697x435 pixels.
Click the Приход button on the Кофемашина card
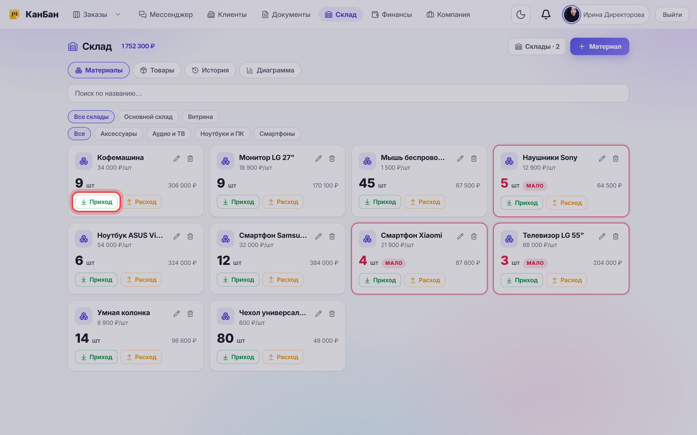tap(96, 202)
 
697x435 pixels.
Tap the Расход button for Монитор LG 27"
tap(283, 202)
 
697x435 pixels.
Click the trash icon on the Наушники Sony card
tap(615, 159)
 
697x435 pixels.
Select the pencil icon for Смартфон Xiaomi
tap(460, 236)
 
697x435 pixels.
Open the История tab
tap(210, 70)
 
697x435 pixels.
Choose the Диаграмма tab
tap(270, 70)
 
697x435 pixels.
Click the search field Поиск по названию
tap(348, 94)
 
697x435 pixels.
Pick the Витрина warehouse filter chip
tap(200, 117)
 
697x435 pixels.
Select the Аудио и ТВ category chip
tap(168, 134)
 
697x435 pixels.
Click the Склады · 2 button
tap(537, 47)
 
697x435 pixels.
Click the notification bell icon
tap(546, 15)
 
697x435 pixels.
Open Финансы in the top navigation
tap(392, 15)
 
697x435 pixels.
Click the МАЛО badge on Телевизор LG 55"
tap(535, 263)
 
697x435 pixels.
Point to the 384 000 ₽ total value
tap(324, 263)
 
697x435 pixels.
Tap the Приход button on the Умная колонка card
tap(96, 357)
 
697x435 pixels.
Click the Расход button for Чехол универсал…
tap(283, 357)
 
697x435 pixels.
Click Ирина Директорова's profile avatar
tap(571, 15)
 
